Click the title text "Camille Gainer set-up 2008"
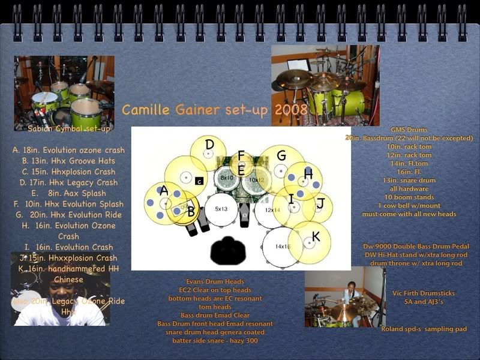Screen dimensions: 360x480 (x=214, y=110)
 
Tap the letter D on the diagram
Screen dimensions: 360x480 (x=209, y=145)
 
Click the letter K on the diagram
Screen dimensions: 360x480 (x=316, y=237)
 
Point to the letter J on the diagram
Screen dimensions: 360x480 (x=320, y=204)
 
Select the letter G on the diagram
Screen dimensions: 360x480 (x=281, y=156)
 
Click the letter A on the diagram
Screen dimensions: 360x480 (x=163, y=191)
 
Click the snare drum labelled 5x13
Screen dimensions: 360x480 (x=221, y=209)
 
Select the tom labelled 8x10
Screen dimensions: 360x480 (x=227, y=178)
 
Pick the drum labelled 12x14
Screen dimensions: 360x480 (x=272, y=210)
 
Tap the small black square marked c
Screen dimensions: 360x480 (x=199, y=181)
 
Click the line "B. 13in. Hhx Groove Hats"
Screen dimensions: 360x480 (x=68, y=161)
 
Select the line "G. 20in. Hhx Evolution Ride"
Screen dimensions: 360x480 (x=68, y=215)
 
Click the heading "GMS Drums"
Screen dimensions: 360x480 (x=409, y=129)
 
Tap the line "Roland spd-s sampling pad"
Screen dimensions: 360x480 (x=424, y=329)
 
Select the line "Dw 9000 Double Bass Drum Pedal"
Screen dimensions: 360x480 (x=416, y=246)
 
